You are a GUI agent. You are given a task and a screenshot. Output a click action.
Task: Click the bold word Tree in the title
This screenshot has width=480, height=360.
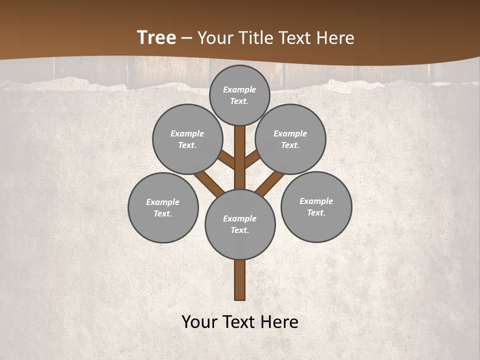156,37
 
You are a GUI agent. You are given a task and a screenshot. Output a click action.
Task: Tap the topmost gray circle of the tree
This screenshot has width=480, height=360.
239,95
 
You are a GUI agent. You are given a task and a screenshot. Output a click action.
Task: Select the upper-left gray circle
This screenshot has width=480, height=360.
187,139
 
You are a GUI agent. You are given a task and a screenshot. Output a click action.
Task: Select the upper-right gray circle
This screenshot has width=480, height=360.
290,139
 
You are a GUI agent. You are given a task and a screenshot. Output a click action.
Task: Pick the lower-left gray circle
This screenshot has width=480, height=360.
163,207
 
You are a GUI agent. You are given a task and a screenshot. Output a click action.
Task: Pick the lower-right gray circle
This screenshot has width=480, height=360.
316,206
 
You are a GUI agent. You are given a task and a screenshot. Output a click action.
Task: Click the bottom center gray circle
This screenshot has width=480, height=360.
240,224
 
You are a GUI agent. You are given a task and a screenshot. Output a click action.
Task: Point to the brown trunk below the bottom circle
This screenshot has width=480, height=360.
240,280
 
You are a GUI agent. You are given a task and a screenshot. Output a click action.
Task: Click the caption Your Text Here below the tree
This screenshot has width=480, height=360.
240,322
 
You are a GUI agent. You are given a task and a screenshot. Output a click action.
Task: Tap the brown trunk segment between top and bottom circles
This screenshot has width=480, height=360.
240,155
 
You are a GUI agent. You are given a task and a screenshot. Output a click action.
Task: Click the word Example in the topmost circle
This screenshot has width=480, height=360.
239,89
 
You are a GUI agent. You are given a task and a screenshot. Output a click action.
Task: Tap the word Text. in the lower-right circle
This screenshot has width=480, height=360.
316,212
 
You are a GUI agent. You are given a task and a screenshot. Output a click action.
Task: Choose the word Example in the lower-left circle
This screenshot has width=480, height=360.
163,202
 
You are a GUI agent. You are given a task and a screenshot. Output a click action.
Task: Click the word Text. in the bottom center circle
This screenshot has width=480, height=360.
239,230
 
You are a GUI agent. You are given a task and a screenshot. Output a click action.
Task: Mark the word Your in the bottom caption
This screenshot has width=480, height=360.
199,322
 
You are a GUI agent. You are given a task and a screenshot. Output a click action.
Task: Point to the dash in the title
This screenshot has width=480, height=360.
187,38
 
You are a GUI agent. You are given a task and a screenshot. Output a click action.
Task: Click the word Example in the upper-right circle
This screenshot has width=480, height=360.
290,133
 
